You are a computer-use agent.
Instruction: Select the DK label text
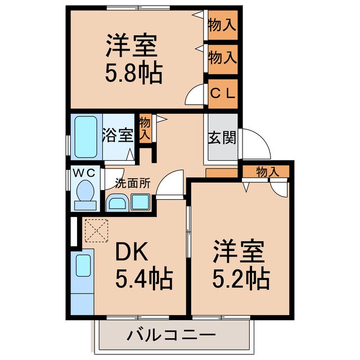pos(132,253)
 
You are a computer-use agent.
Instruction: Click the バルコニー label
pos(171,336)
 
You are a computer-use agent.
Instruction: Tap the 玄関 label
pos(222,137)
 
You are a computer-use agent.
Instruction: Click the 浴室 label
pos(118,136)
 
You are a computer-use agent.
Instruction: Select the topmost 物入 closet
pos(222,24)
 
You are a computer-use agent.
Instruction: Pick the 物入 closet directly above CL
pos(222,57)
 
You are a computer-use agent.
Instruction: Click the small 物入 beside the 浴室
pos(145,129)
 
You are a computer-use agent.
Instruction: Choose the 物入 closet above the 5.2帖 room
pos(265,171)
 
